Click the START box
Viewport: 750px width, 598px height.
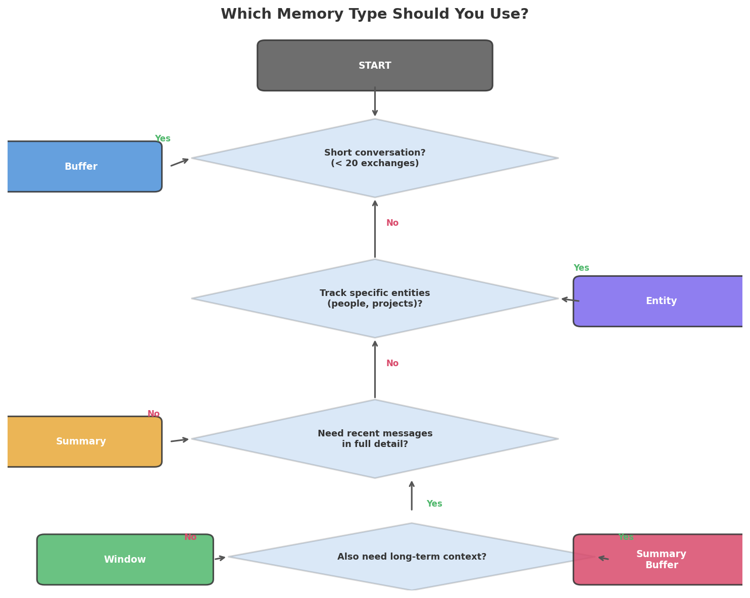pyautogui.click(x=375, y=66)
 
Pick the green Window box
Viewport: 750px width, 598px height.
pyautogui.click(x=125, y=560)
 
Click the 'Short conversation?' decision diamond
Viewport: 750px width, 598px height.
pyautogui.click(x=375, y=158)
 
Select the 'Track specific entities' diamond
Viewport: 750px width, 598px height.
pyautogui.click(x=375, y=298)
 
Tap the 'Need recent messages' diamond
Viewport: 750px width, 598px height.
pyautogui.click(x=375, y=439)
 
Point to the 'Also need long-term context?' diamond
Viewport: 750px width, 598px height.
pyautogui.click(x=412, y=557)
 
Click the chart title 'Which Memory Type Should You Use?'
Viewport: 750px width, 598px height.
pyautogui.click(x=375, y=14)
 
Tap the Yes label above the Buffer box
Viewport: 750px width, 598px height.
pyautogui.click(x=163, y=139)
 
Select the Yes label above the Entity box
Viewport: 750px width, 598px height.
pyautogui.click(x=581, y=268)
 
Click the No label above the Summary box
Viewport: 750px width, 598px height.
pyautogui.click(x=154, y=414)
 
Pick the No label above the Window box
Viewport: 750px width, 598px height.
pyautogui.click(x=190, y=537)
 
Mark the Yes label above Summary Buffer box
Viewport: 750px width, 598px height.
pyautogui.click(x=626, y=537)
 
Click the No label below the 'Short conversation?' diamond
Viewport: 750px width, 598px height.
pyautogui.click(x=392, y=223)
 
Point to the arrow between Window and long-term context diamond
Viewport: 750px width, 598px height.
pyautogui.click(x=220, y=558)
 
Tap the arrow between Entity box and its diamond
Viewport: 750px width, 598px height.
pyautogui.click(x=570, y=300)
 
